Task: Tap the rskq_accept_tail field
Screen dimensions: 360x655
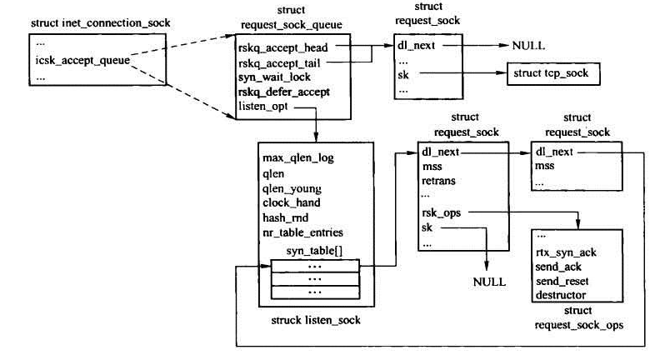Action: coord(277,62)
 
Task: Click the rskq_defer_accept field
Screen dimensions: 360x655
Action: coord(283,92)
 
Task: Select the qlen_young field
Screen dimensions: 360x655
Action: coord(292,187)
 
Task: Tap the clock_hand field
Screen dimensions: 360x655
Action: coord(291,202)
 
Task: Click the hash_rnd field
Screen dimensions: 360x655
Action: coord(285,217)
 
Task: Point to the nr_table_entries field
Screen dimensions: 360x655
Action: coord(302,232)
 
